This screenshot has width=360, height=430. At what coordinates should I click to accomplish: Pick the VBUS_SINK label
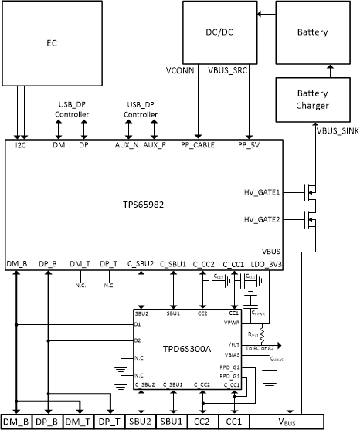[337, 131]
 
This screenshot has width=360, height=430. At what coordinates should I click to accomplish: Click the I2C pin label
[22, 144]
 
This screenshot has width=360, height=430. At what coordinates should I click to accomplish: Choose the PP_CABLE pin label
[197, 144]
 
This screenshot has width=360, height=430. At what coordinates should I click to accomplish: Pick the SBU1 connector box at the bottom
[172, 422]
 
